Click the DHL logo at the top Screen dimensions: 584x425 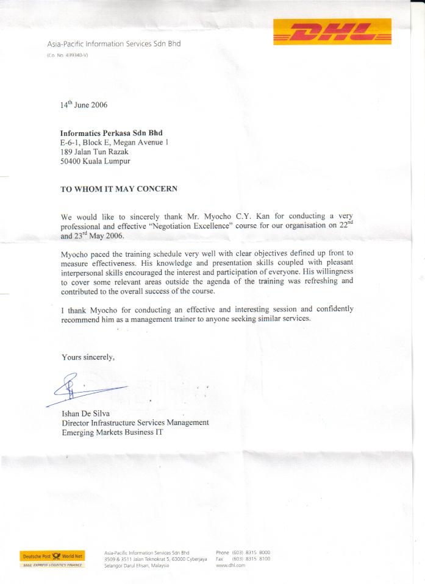click(x=332, y=32)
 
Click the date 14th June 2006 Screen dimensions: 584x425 click(x=84, y=104)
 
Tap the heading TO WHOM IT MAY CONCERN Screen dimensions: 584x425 click(x=119, y=189)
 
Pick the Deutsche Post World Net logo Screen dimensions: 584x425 click(x=52, y=556)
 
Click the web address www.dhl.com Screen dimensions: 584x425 click(x=230, y=565)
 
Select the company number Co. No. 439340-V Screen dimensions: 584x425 click(x=68, y=55)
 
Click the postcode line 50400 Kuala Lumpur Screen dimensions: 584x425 click(x=96, y=162)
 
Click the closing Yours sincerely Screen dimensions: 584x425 click(x=88, y=357)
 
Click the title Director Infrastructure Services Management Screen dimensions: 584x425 click(x=135, y=422)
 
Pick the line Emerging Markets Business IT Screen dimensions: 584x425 click(x=113, y=432)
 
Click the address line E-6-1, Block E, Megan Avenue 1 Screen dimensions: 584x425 click(x=114, y=143)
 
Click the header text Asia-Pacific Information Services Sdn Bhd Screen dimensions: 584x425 click(x=114, y=44)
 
